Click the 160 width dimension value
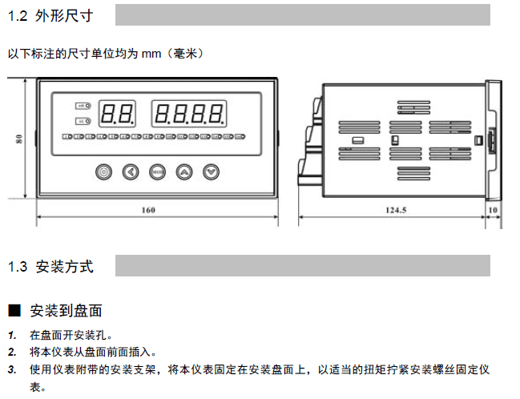click(147, 210)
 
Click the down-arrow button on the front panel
click(211, 171)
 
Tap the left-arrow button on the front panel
click(130, 171)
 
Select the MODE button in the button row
click(157, 171)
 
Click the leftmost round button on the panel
click(103, 171)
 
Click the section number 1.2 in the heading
click(18, 15)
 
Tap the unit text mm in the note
click(151, 54)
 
